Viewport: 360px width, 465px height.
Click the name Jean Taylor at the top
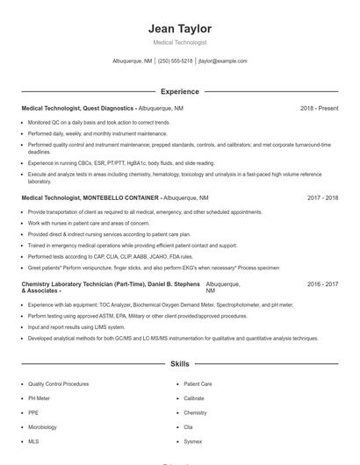coord(180,29)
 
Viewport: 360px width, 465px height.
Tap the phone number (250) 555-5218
coord(176,61)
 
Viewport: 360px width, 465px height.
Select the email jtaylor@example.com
coord(223,61)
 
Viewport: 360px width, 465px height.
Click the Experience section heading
coord(180,91)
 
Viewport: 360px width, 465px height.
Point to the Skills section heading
coord(180,363)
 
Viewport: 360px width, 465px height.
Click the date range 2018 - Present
coord(319,108)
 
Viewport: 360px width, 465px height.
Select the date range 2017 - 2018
coord(322,198)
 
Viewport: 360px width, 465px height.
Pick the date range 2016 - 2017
coord(322,284)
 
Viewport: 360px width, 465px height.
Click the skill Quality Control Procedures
coord(58,383)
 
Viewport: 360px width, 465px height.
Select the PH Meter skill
coord(40,398)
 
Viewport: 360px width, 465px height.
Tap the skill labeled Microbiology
coord(42,427)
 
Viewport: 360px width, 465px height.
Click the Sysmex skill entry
coord(192,441)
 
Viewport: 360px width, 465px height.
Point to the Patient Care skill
coord(198,383)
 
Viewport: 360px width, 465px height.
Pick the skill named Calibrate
coord(194,398)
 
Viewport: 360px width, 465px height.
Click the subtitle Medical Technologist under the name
coord(180,42)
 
